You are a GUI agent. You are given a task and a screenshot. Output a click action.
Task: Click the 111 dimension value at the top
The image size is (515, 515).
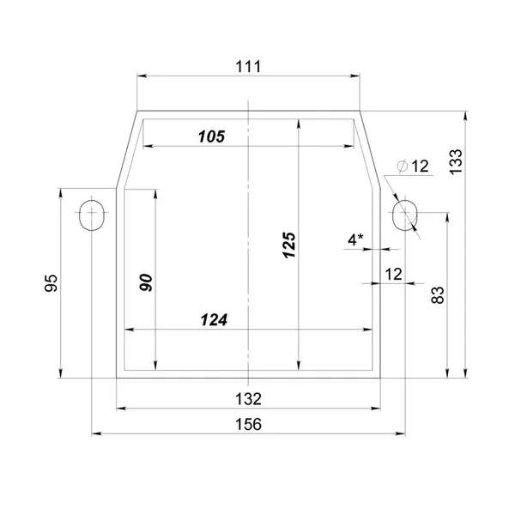[248, 67]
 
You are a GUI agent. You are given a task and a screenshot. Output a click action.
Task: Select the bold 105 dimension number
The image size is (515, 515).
[212, 136]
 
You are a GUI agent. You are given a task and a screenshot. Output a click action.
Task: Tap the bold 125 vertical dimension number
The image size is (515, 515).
[289, 245]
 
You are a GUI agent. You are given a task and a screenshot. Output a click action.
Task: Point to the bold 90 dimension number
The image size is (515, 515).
[146, 282]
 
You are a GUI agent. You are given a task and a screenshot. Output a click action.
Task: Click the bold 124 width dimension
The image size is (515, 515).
[214, 320]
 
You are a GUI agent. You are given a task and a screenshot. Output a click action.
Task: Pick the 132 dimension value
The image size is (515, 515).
[248, 399]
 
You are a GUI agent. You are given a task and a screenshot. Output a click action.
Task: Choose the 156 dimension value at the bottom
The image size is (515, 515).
[248, 424]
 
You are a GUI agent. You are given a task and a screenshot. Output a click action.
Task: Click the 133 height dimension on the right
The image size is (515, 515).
[456, 162]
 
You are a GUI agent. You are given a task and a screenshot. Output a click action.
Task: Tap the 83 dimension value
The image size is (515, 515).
[438, 295]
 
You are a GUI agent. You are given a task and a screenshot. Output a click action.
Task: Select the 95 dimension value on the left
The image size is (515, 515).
[51, 282]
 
